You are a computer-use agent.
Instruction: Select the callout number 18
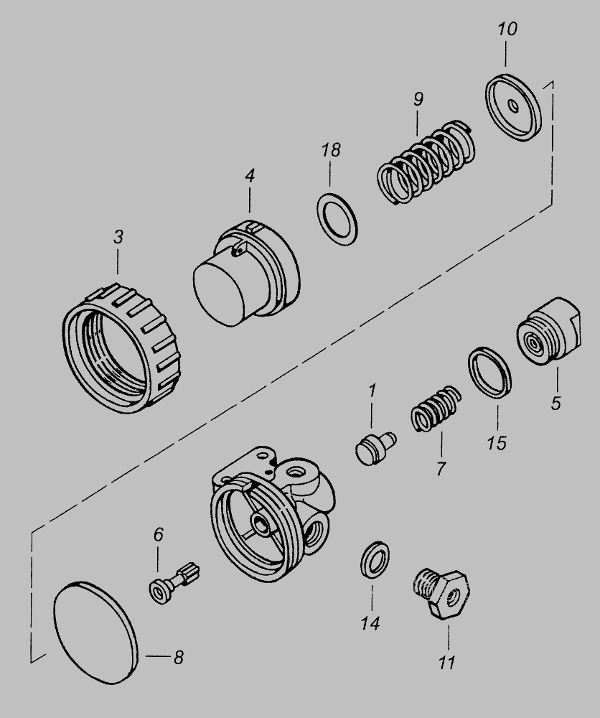click(331, 151)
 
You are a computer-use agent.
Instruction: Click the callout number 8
click(177, 657)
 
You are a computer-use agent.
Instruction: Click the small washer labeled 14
click(373, 559)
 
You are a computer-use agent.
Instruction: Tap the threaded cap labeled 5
click(548, 334)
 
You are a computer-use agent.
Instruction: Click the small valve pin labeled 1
click(372, 449)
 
